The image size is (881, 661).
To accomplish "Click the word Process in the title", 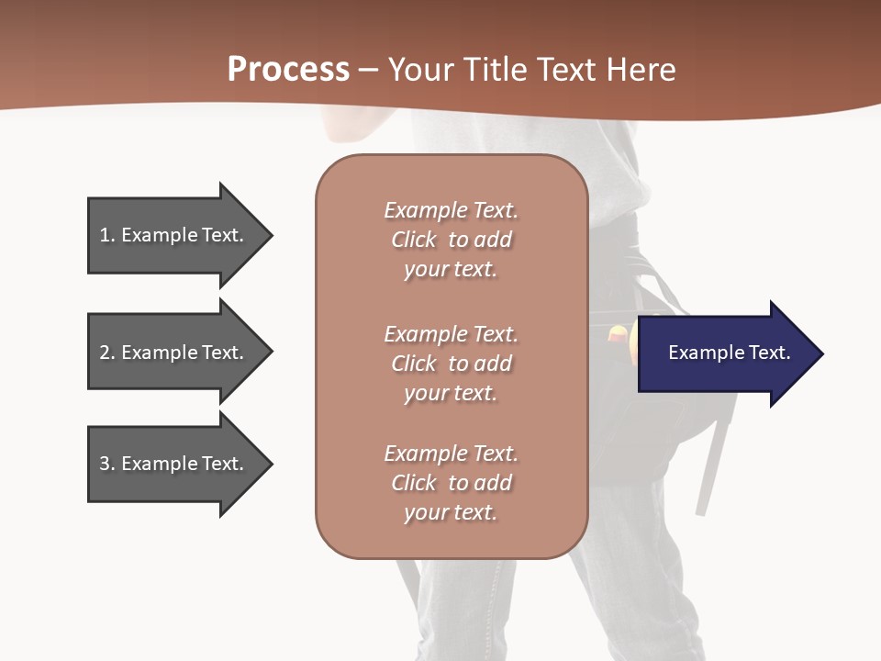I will pyautogui.click(x=288, y=70).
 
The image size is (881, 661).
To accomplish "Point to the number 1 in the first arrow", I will pyautogui.click(x=105, y=236).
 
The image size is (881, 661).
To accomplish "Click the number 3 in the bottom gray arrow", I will pyautogui.click(x=105, y=465).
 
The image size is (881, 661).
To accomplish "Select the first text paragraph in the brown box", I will pyautogui.click(x=451, y=240).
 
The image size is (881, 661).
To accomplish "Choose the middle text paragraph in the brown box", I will pyautogui.click(x=451, y=364).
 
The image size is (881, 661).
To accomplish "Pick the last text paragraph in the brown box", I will pyautogui.click(x=451, y=483).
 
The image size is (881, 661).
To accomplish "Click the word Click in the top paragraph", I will pyautogui.click(x=414, y=241).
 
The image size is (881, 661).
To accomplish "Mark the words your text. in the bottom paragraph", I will pyautogui.click(x=451, y=513).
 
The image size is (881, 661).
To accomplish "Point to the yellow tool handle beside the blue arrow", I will pyautogui.click(x=619, y=336).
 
